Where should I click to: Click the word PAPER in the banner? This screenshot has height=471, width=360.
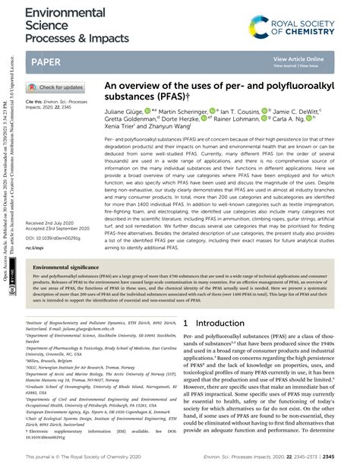tap(47, 60)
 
